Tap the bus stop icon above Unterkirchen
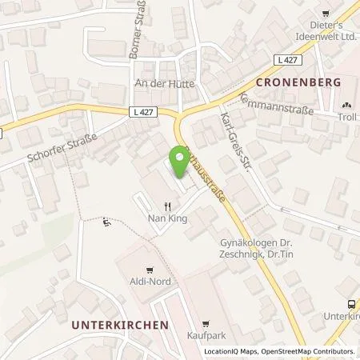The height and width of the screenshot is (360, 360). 350,304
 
